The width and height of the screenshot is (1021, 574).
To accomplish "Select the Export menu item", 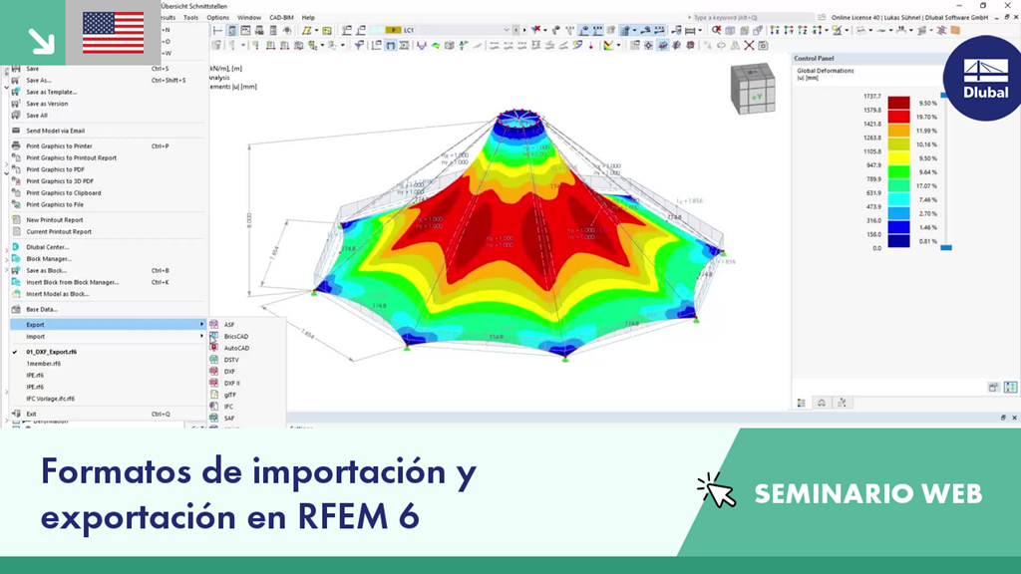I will pos(35,324).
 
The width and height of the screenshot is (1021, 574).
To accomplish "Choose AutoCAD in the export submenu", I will pos(236,348).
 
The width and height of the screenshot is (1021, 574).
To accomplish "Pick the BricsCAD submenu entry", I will pos(236,337).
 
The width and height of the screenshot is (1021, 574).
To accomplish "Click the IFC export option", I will pos(229,407).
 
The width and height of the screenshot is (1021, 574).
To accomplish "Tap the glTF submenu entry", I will pos(230,395).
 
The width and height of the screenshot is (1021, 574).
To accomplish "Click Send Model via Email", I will pos(55,131).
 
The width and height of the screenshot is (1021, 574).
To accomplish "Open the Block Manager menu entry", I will pos(48,258).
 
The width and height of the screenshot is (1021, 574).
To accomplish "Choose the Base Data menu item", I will pos(42,309).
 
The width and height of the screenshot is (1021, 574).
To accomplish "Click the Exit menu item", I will pos(31,414).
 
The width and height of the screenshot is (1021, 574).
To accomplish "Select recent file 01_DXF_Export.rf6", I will pos(51,352).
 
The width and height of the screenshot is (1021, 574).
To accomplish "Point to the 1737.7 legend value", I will pos(871,97).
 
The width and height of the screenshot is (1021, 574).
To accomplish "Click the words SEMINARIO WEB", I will pos(867,493).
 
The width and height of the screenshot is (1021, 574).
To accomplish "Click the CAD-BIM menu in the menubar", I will pos(281,17).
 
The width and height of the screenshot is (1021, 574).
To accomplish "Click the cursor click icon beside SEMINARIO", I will pos(716,490).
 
